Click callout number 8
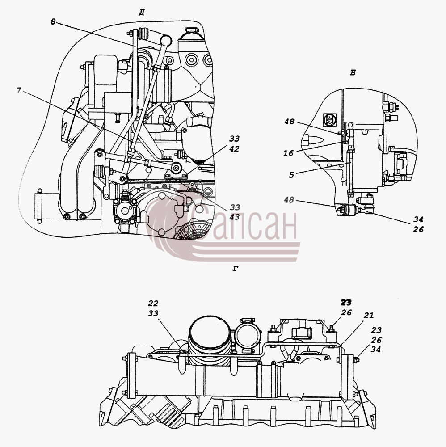53,22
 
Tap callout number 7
19,90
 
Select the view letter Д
142,13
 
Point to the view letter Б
353,73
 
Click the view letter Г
236,269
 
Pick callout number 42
234,149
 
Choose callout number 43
235,217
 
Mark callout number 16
288,153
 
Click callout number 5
291,175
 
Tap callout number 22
153,303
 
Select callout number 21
368,315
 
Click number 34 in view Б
418,219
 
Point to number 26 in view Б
418,229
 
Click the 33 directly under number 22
153,313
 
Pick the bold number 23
346,302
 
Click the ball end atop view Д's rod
166,40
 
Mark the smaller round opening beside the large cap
248,335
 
